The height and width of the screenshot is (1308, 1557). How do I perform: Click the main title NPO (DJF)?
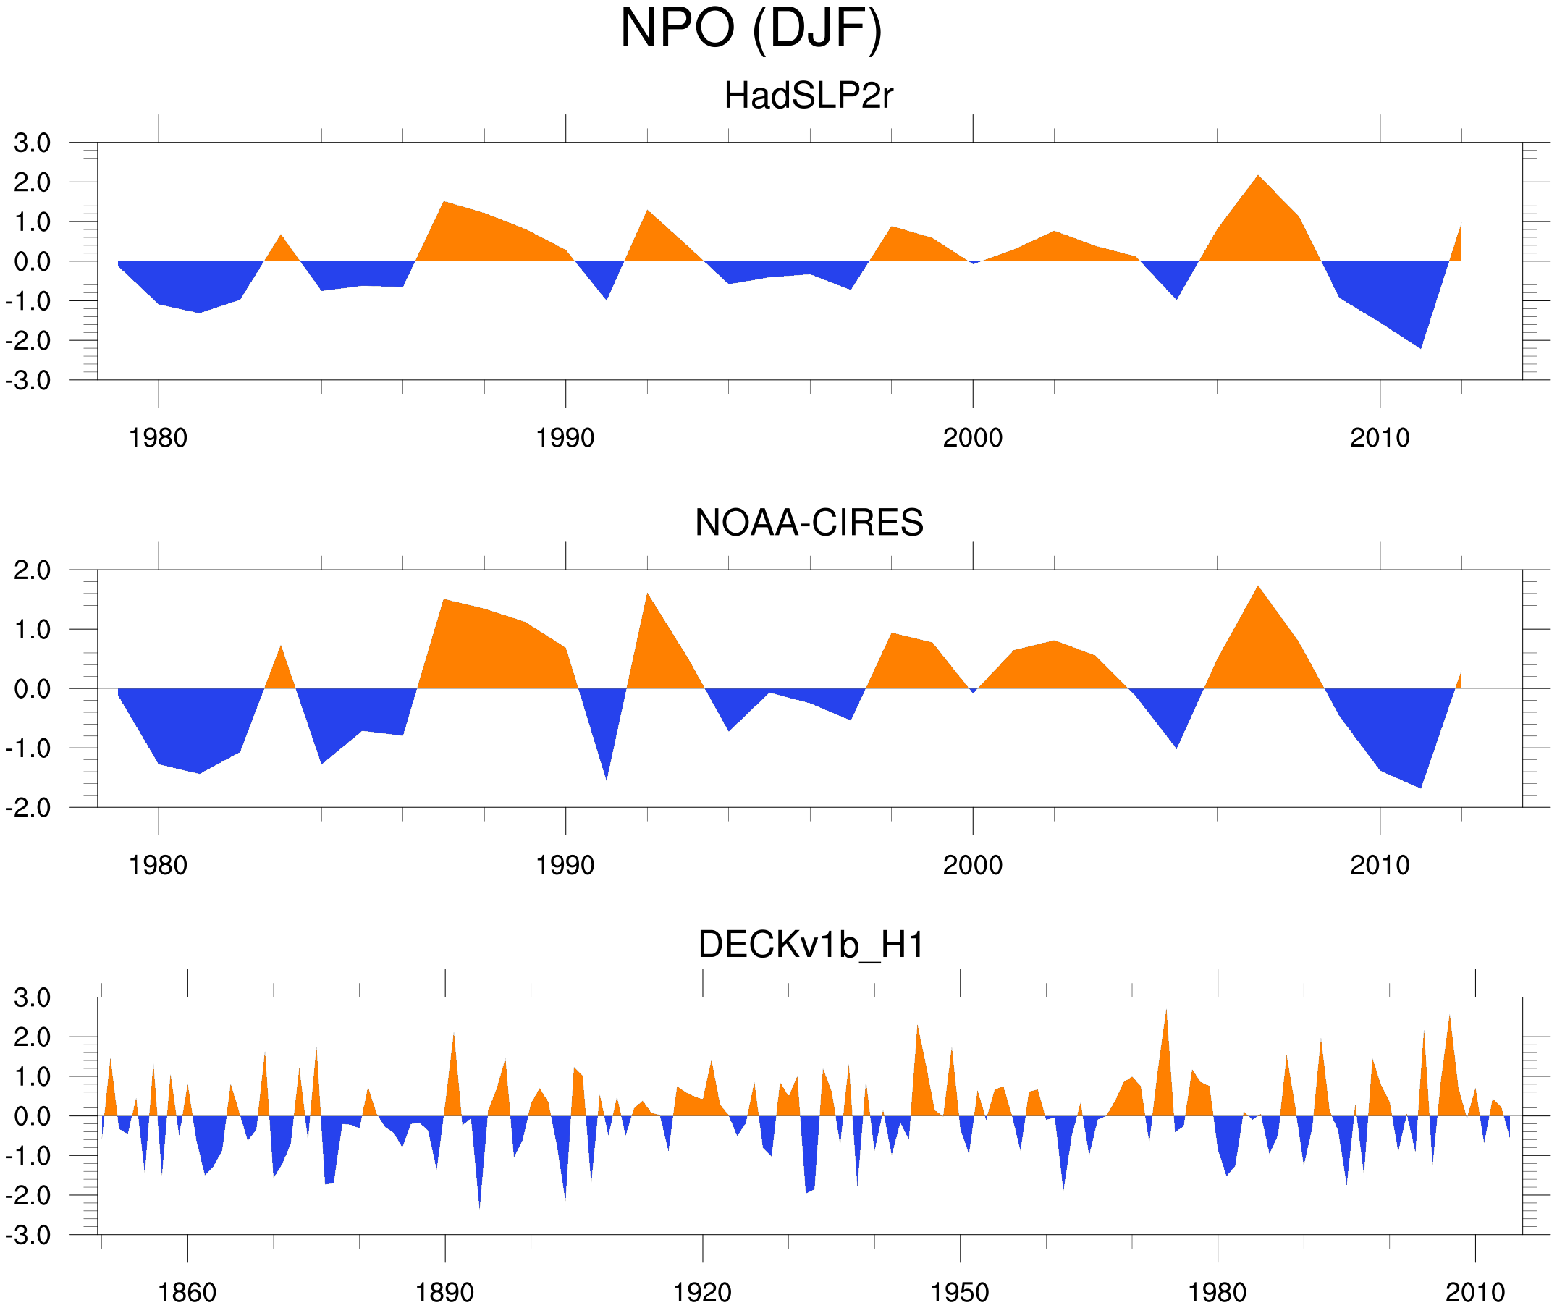[751, 28]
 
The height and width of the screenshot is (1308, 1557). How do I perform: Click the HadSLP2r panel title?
[808, 96]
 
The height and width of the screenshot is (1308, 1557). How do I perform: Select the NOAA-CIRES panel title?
[808, 523]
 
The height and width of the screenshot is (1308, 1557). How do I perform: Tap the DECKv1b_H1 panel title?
[811, 945]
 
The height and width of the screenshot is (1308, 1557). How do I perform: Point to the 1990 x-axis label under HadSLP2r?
[565, 438]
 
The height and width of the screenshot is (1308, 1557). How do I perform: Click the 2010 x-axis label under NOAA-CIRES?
[1379, 865]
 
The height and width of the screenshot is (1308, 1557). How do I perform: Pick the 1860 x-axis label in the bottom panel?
[187, 1292]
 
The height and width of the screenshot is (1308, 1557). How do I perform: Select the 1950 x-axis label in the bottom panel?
[959, 1292]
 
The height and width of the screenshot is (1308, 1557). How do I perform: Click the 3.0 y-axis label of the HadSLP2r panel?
[32, 143]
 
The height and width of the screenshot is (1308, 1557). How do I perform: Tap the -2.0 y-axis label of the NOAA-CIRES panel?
[28, 808]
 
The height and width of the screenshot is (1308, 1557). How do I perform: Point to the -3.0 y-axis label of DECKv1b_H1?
[28, 1236]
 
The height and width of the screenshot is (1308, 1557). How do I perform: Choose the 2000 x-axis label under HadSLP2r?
[972, 438]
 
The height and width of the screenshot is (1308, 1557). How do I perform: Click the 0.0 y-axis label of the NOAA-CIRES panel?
[32, 689]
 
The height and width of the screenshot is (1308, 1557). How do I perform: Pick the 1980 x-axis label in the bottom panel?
[1217, 1292]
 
